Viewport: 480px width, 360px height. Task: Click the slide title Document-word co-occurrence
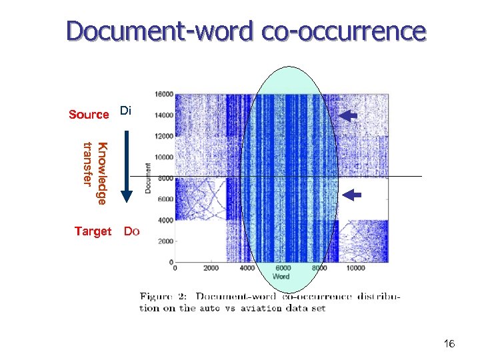tap(245, 32)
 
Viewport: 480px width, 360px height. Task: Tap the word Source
tap(89, 115)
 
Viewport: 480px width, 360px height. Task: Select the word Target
tap(93, 231)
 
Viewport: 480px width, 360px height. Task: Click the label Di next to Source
tap(127, 111)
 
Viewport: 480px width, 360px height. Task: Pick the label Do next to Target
tap(131, 231)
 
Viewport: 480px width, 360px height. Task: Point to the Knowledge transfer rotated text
tap(93, 172)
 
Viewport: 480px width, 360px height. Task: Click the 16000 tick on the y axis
tap(163, 94)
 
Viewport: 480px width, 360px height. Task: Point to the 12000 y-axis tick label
tap(163, 136)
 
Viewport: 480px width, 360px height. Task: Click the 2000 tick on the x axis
tap(210, 269)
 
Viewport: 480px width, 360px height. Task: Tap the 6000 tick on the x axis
tap(283, 269)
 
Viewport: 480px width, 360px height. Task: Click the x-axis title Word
tap(281, 277)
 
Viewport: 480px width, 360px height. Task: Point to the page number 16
tap(449, 344)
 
